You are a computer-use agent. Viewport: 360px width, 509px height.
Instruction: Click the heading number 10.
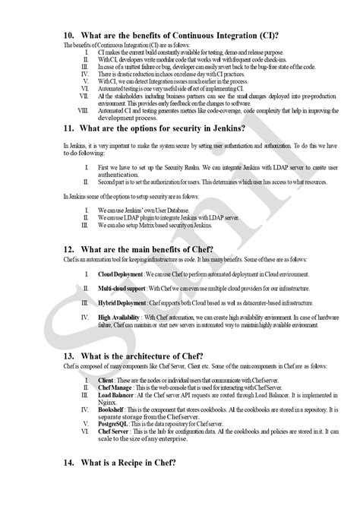68,35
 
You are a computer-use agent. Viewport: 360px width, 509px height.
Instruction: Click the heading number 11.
68,130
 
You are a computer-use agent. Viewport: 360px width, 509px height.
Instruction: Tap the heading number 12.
68,250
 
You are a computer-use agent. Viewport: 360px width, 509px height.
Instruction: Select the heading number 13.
68,358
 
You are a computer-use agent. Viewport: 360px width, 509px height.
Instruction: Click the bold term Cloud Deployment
122,273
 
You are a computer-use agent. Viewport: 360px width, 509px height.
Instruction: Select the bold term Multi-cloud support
122,289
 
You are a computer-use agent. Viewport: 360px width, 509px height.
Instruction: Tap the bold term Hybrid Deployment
122,303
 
